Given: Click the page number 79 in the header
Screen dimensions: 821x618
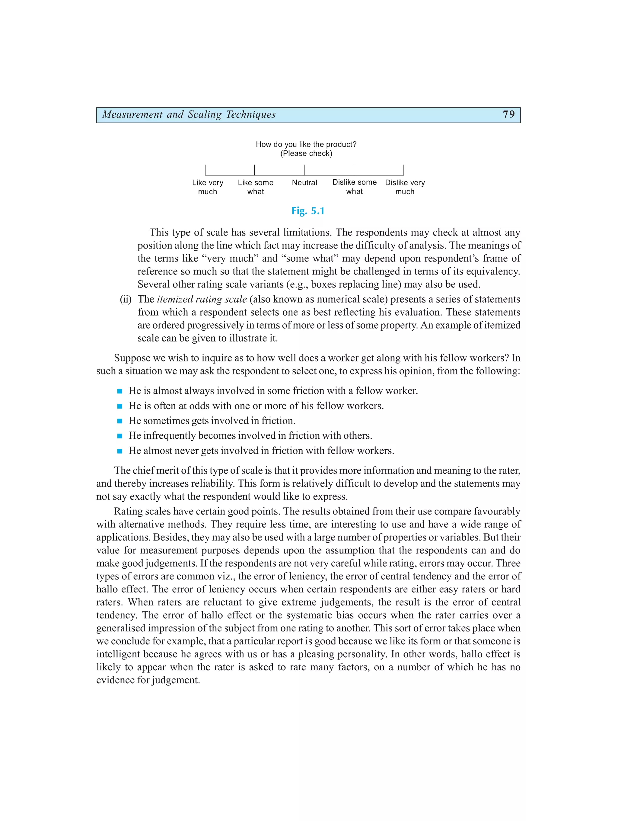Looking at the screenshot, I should coord(508,114).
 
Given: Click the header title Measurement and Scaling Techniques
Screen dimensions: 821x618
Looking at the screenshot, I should coord(189,114).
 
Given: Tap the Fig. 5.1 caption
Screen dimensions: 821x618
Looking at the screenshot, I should coord(308,211).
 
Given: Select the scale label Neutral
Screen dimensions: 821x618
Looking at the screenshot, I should coord(304,183).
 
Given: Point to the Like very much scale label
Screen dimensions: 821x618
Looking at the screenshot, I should coord(208,187).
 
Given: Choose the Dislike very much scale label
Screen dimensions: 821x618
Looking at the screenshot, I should coord(405,187).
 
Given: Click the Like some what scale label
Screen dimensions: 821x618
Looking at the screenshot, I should coord(256,187).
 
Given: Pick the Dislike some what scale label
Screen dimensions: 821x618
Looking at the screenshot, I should coord(354,187).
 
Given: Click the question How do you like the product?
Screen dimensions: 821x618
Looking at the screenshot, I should coord(306,144).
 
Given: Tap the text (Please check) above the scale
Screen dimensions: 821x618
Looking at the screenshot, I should coord(306,154).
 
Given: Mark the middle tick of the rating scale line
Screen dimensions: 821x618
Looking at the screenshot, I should coord(304,170).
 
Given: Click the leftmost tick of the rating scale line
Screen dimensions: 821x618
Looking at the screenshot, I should coord(205,170).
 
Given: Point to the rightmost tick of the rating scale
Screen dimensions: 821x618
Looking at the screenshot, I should coord(403,170).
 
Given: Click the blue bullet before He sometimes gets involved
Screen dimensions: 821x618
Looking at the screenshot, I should coord(119,421).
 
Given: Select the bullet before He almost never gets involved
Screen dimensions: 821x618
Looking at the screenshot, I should coord(119,451).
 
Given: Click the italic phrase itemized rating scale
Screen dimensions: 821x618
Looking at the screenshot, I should coord(202,299).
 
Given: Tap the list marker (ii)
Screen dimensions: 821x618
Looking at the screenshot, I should coord(126,299).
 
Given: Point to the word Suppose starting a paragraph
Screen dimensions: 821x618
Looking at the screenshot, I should coord(130,358).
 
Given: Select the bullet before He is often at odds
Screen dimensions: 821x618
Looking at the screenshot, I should coord(119,406).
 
